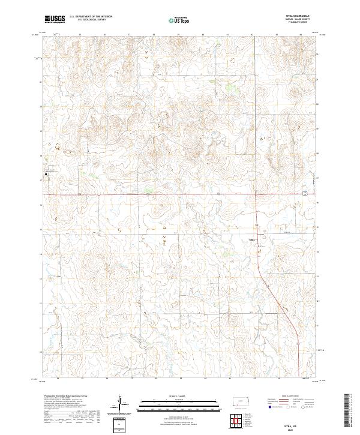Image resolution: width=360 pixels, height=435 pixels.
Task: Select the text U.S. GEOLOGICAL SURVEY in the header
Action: tap(91, 19)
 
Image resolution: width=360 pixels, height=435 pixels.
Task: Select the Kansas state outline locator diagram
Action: tap(242, 400)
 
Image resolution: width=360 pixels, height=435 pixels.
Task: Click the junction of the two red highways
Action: tap(256, 194)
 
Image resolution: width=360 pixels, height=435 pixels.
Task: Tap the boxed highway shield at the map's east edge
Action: tap(305, 193)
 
